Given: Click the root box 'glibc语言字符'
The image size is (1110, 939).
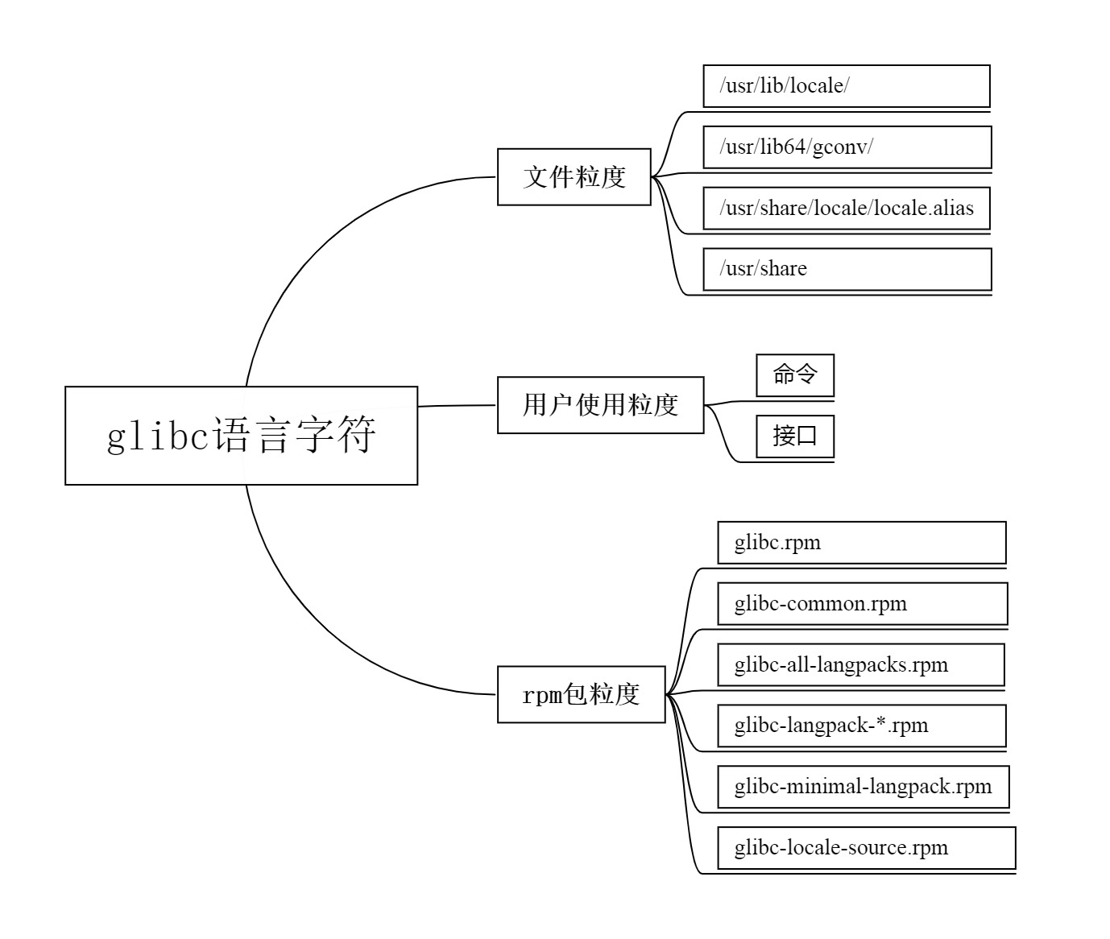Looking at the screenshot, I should pos(241,436).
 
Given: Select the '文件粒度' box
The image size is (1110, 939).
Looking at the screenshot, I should pos(574,177).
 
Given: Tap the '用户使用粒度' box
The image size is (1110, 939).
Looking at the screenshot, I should pos(600,405).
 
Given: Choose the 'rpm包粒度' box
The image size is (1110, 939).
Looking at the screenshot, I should pos(581,694).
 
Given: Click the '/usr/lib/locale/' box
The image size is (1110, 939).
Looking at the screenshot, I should pos(846,86).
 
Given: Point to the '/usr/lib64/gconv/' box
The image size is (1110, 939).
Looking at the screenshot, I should pos(847,147).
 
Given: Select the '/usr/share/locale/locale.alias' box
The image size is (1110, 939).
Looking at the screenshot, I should pos(846,209).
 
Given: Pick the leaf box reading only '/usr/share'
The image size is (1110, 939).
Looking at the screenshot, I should pos(847,269).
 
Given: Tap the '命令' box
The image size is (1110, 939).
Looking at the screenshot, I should pos(795,375).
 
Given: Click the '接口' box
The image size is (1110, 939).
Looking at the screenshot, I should pos(795,436).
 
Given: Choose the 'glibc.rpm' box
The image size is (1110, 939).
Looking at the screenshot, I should pos(861,543).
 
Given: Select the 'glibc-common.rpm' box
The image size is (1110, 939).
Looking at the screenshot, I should pos(862,604).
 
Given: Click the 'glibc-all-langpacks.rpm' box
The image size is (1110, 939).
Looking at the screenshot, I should pos(860,665).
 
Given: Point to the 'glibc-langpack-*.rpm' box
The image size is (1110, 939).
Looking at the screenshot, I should pos(861,726).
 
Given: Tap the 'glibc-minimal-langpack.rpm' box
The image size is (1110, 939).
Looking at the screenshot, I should pos(863,787).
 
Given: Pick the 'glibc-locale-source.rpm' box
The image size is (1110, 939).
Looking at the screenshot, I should pos(866,848).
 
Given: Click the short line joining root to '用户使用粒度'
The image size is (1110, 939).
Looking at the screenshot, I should pos(457,406).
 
